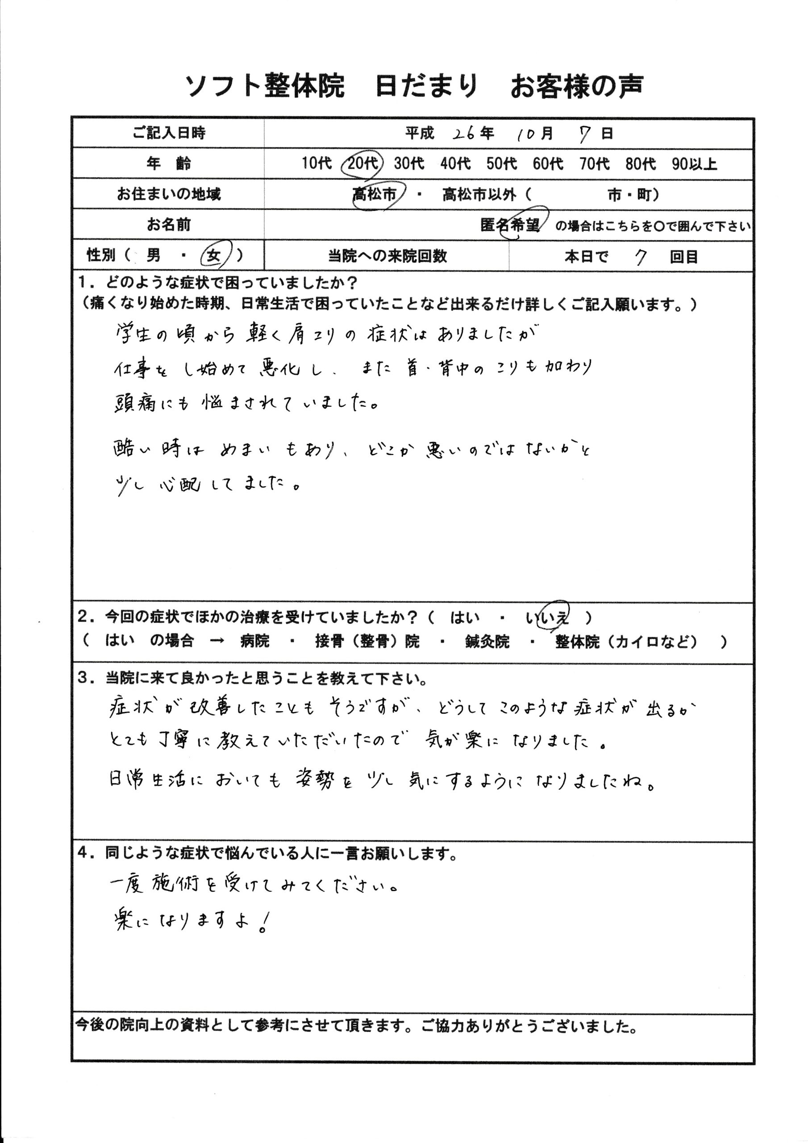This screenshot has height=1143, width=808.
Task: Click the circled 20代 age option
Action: click(362, 163)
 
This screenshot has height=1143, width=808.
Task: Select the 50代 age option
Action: click(501, 163)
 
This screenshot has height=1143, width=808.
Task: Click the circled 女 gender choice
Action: click(215, 256)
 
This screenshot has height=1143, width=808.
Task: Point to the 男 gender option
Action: click(153, 255)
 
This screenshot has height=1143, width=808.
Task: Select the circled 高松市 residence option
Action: click(375, 194)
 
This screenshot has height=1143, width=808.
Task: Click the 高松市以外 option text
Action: click(479, 195)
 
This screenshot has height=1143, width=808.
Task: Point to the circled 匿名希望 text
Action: click(510, 225)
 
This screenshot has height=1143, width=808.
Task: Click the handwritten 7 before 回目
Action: click(640, 257)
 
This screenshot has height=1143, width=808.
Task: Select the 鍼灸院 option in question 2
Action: click(487, 642)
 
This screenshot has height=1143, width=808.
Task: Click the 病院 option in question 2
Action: click(254, 641)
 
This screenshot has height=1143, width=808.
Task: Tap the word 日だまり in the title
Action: click(427, 86)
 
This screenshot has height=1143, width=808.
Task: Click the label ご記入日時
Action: click(169, 133)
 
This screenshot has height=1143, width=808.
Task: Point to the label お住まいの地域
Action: click(169, 194)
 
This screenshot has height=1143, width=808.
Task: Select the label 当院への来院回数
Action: click(387, 256)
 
